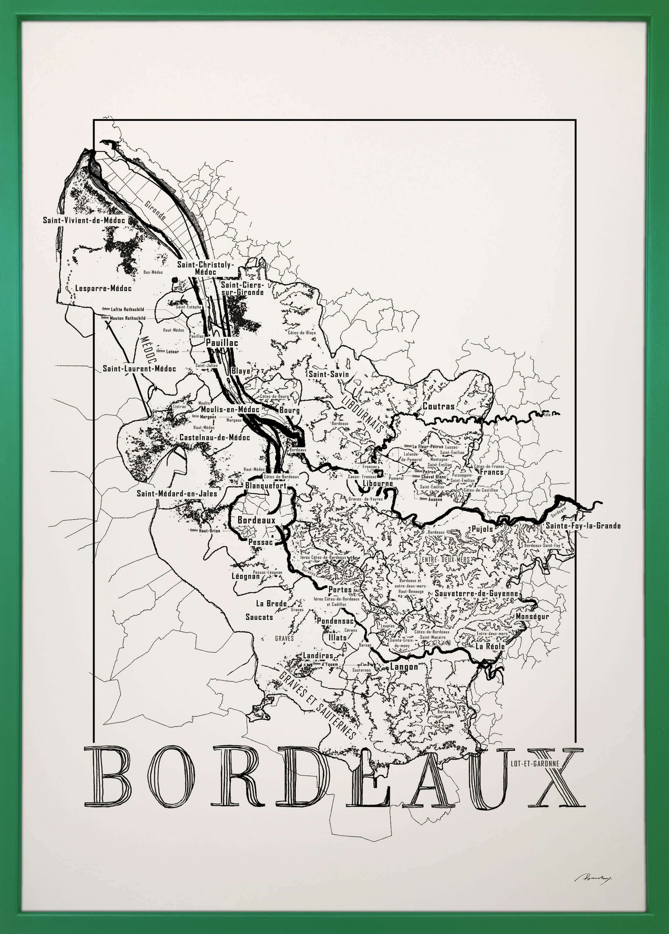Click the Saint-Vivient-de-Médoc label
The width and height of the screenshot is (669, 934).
(84, 220)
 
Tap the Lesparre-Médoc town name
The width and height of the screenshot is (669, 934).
(103, 288)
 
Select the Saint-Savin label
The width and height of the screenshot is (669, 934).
(329, 374)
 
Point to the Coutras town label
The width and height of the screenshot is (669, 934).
(438, 406)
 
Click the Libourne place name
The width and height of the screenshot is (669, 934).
(378, 483)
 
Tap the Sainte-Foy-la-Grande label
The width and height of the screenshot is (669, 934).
(583, 526)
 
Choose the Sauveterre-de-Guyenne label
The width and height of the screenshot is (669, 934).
(476, 594)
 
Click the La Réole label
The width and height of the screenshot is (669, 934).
(490, 646)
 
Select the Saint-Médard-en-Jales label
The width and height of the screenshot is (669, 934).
(177, 493)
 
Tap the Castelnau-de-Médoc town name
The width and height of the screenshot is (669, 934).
(215, 438)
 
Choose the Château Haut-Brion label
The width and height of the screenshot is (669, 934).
(205, 531)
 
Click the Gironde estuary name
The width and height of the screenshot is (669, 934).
(156, 210)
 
